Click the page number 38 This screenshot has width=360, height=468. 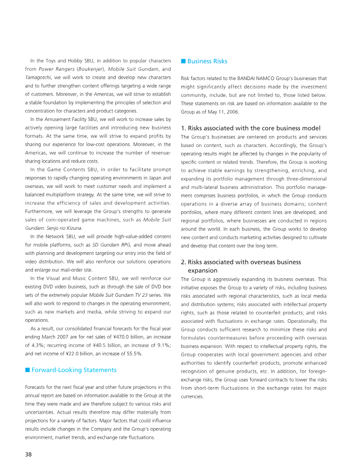[x=28, y=454]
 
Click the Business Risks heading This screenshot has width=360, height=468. [x=207, y=61]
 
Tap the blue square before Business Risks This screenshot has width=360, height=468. [x=183, y=61]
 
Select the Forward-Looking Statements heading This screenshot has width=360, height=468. [x=74, y=370]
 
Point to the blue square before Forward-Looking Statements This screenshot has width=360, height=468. [x=27, y=370]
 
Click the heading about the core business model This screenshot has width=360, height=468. [x=250, y=128]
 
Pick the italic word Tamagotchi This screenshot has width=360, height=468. [x=38, y=77]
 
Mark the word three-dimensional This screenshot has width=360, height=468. [x=304, y=179]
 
